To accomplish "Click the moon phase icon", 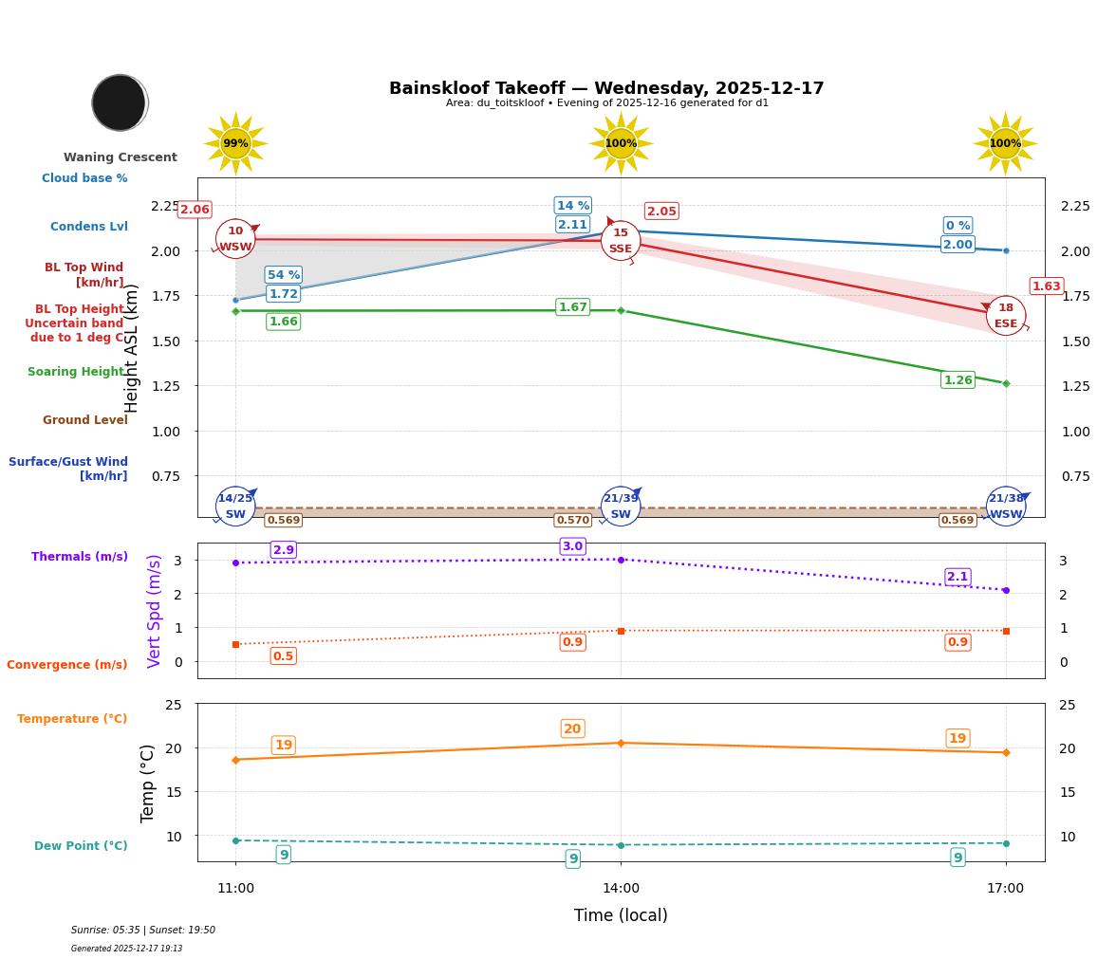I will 120,102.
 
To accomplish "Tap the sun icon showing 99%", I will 235,143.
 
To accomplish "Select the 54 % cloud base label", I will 284,275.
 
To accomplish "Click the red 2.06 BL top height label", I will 195,210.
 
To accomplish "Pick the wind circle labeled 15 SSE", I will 621,240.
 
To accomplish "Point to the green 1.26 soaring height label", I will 958,380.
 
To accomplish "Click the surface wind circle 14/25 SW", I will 235,506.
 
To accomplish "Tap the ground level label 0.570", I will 572,520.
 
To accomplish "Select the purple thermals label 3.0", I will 572,546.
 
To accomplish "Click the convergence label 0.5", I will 283,656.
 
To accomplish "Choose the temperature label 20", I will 572,728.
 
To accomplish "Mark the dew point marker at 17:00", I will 1006,843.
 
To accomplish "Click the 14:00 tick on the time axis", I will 621,888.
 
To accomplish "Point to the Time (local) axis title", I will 621,915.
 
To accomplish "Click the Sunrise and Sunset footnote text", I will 143,931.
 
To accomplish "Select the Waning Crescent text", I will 121,157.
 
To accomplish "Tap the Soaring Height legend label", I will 76,372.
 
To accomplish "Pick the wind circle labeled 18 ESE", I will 1006,316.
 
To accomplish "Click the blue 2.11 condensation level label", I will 572,225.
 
